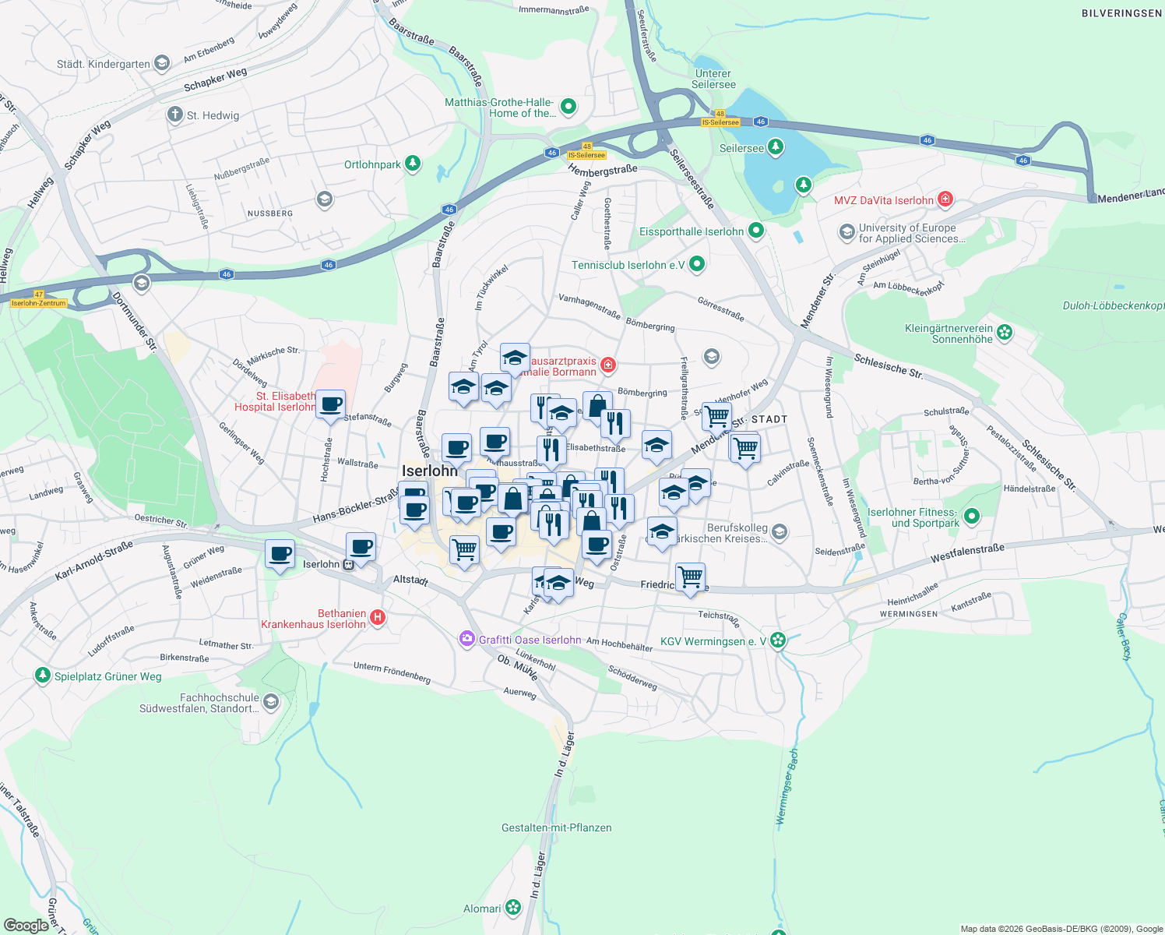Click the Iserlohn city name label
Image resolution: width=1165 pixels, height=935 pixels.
(430, 471)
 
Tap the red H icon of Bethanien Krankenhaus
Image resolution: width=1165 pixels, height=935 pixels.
(378, 618)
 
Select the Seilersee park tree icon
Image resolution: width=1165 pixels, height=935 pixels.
(775, 146)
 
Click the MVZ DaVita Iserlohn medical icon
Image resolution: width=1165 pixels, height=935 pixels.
(945, 199)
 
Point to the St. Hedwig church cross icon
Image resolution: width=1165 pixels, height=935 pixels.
(174, 115)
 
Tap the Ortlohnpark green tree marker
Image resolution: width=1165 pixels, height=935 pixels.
(413, 164)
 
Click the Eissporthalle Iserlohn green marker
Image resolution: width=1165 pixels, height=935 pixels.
(755, 231)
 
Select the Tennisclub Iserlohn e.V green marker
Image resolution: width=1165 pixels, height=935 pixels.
(697, 264)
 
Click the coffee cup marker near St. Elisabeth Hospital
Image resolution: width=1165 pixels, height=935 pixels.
(330, 404)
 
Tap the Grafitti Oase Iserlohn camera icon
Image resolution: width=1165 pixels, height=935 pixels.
(466, 639)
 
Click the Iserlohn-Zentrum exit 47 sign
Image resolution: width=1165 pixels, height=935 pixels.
(39, 300)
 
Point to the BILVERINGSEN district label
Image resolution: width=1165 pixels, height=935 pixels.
(1121, 13)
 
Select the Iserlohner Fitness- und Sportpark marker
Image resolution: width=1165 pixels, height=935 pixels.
(971, 516)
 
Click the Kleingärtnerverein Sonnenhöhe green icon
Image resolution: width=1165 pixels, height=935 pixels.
(1005, 333)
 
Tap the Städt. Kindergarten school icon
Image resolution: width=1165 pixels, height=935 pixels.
(162, 63)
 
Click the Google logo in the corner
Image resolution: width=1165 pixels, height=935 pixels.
(26, 925)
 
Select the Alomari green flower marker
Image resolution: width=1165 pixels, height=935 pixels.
(512, 907)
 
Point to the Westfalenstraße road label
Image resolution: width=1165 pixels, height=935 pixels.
(967, 553)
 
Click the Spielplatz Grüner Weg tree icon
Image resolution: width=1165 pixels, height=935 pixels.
(43, 675)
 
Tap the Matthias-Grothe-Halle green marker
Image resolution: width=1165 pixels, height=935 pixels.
(568, 106)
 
